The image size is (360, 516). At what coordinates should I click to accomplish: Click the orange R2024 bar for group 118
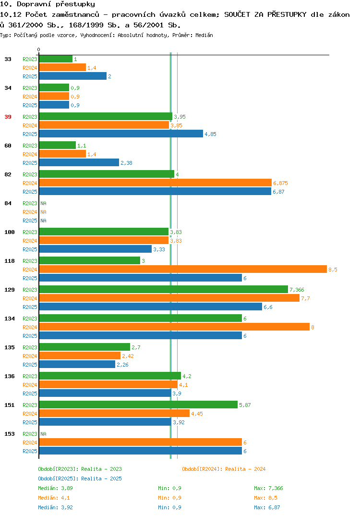183,269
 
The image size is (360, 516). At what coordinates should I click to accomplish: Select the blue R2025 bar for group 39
121,134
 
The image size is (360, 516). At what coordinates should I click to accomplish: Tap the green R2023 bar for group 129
164,289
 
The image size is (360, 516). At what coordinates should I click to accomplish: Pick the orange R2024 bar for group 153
141,442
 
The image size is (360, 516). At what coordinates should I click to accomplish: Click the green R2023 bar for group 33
56,59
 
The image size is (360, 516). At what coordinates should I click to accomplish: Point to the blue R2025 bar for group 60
79,162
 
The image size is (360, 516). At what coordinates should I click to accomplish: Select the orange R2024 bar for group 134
175,327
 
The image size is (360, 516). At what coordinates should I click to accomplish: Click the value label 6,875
280,183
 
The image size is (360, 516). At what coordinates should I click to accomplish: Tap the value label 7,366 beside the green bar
297,290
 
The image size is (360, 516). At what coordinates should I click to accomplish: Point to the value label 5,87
245,405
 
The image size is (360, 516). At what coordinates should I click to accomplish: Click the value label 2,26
122,365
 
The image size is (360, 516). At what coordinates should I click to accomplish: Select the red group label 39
8,117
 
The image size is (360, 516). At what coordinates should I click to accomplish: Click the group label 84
8,203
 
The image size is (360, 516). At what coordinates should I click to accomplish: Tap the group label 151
10,405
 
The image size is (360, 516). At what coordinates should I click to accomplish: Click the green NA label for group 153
43,434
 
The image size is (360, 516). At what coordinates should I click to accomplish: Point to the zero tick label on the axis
39,49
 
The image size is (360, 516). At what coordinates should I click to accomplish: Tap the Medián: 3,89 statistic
55,488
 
